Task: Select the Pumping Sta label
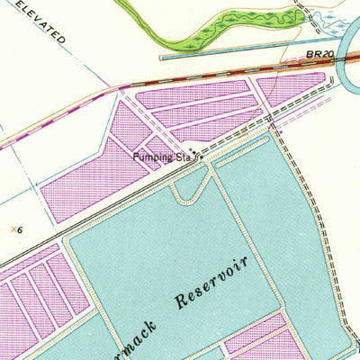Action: tap(163, 157)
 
